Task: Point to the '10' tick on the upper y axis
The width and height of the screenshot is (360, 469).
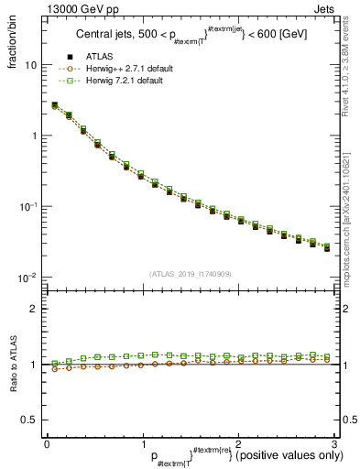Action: [x=31, y=66]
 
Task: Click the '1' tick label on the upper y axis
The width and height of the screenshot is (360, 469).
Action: [x=34, y=136]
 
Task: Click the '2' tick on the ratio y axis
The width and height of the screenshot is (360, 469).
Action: [x=34, y=309]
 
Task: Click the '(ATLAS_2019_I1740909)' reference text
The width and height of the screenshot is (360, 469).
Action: [x=191, y=273]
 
